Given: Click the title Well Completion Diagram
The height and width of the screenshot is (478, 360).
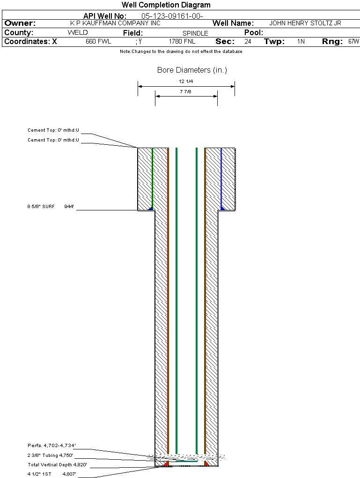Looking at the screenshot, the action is point(166,5).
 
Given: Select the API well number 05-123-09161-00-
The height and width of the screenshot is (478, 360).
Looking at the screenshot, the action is point(172,16).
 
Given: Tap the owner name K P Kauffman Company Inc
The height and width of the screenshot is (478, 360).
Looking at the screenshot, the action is point(115,23).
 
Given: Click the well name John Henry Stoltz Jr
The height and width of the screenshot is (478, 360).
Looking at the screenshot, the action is point(305,23).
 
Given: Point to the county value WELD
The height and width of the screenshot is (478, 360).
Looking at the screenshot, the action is point(78,33).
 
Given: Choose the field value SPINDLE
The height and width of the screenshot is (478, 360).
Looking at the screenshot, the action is point(195,33).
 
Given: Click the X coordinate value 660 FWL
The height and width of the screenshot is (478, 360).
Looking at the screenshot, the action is point(98,41).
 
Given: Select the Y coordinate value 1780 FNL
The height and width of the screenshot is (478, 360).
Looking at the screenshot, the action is point(182,41).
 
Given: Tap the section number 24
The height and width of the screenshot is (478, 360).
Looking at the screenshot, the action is point(248,41).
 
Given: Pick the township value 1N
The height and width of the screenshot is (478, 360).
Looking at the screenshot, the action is point(301,41).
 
